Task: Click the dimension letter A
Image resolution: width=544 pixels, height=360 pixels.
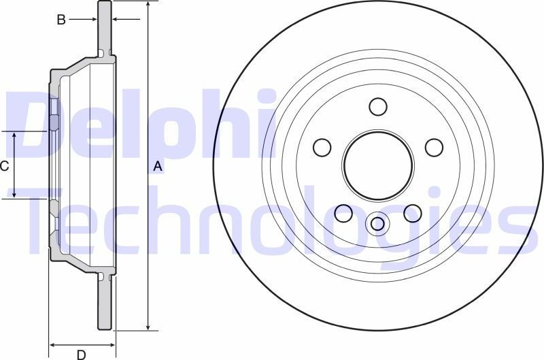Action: [158, 166]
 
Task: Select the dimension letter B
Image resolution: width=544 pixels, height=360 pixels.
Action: [61, 20]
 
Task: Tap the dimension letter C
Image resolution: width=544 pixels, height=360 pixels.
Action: [4, 165]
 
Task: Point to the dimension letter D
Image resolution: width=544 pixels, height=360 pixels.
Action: [80, 354]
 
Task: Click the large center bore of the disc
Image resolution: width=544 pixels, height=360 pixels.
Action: [378, 165]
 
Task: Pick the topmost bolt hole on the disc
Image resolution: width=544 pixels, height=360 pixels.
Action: [378, 107]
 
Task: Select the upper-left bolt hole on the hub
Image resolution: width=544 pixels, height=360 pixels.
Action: [322, 147]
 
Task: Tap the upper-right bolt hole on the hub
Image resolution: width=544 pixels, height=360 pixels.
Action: [434, 147]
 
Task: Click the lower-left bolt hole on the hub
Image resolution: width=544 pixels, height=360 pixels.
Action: [343, 213]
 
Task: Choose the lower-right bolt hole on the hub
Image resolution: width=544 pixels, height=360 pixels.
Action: [413, 213]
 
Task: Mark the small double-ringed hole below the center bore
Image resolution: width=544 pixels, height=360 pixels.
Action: [378, 223]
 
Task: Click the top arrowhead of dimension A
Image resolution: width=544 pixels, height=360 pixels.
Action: [148, 5]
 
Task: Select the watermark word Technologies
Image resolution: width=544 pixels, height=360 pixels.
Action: [272, 221]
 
